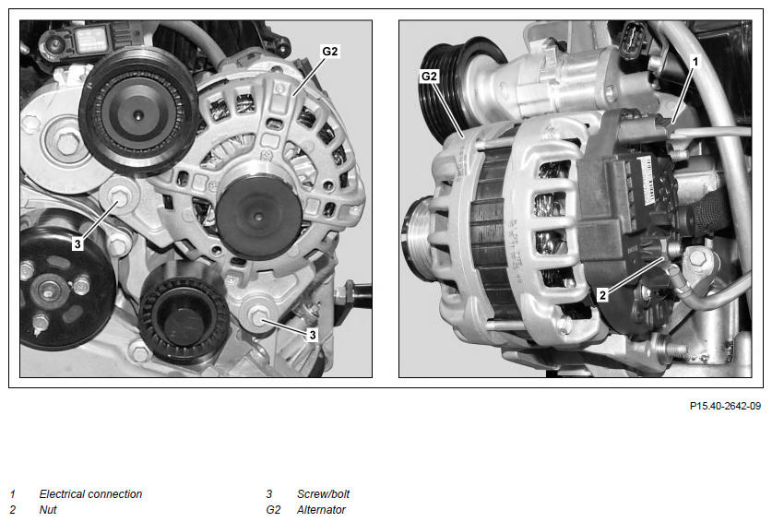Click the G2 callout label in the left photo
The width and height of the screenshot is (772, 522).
(x=330, y=52)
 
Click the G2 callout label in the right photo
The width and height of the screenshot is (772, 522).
(x=429, y=77)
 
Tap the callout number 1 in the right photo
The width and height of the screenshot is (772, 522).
(x=695, y=62)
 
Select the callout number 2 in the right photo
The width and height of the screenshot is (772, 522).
(x=602, y=295)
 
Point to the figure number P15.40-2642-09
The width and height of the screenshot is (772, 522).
(x=725, y=407)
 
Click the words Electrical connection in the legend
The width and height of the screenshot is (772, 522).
(x=90, y=494)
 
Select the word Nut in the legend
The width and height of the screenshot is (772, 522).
(x=48, y=510)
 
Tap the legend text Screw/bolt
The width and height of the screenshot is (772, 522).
(x=323, y=494)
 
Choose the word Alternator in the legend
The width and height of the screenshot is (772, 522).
(x=321, y=510)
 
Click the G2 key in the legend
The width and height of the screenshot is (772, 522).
(x=273, y=510)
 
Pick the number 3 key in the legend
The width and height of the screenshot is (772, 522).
(x=268, y=494)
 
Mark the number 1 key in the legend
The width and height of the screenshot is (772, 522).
(x=13, y=494)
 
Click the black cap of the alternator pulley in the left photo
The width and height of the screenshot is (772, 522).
(x=258, y=215)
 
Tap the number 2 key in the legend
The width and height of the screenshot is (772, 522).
(x=13, y=510)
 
